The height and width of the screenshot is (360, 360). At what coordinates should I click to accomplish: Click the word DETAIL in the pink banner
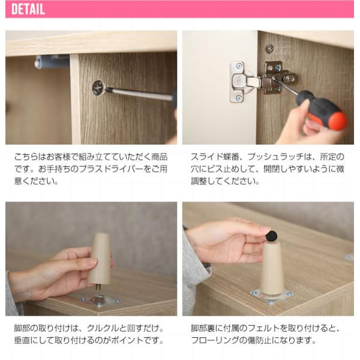pyautogui.click(x=28, y=9)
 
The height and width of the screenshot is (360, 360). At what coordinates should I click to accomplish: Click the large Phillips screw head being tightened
pyautogui.click(x=98, y=87)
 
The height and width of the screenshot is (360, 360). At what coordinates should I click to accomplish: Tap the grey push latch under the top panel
pyautogui.click(x=52, y=62)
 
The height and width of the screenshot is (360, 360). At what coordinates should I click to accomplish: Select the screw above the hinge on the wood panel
pyautogui.click(x=269, y=49)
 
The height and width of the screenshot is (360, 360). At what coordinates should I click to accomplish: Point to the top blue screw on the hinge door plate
pyautogui.click(x=239, y=67)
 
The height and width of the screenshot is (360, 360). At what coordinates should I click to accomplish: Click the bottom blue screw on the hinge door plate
pyautogui.click(x=239, y=98)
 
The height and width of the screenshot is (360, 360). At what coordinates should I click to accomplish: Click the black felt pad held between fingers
pyautogui.click(x=271, y=236)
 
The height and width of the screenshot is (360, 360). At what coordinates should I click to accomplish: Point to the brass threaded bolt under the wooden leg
pyautogui.click(x=99, y=287)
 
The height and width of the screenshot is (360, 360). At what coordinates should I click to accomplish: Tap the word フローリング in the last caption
pyautogui.click(x=214, y=340)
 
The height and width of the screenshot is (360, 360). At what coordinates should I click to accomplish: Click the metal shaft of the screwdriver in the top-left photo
pyautogui.click(x=140, y=94)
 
